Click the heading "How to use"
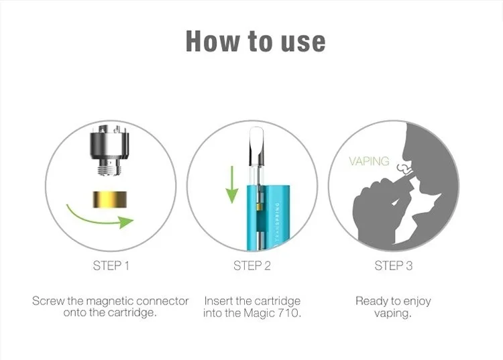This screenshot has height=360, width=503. (x=256, y=42)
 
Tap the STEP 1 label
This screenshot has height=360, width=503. (x=111, y=265)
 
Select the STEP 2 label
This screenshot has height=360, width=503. (x=252, y=265)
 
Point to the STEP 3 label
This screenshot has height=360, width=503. (x=393, y=265)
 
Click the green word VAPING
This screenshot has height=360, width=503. (x=369, y=161)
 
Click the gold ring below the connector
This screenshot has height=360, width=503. (x=110, y=199)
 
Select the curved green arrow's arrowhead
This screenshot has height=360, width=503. (x=126, y=222)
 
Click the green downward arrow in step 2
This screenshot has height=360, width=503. (x=231, y=185)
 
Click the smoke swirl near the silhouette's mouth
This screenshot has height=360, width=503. (x=404, y=168)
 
